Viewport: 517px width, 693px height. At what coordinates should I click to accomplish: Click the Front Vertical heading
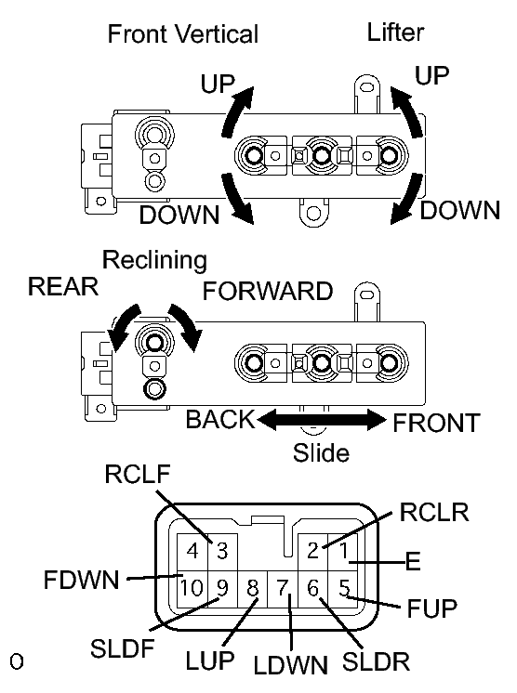pyautogui.click(x=182, y=34)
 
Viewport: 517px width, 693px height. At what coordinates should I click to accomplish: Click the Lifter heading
pyautogui.click(x=395, y=33)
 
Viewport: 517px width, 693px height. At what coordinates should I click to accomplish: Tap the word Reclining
pyautogui.click(x=154, y=259)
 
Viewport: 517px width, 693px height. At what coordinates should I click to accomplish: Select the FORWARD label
pyautogui.click(x=268, y=291)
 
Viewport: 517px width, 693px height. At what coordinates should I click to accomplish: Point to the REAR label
pyautogui.click(x=63, y=286)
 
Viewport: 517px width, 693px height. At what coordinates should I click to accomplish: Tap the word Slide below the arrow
pyautogui.click(x=321, y=453)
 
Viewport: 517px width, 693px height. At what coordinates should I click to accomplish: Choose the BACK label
pyautogui.click(x=219, y=420)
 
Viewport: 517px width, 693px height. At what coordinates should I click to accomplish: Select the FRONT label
pyautogui.click(x=436, y=423)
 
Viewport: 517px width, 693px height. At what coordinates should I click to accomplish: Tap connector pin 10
pyautogui.click(x=192, y=587)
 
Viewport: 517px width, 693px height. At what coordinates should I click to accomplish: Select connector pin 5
pyautogui.click(x=344, y=587)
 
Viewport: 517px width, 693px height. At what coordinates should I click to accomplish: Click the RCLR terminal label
pyautogui.click(x=433, y=512)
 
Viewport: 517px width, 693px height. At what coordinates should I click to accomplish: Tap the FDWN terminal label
pyautogui.click(x=82, y=581)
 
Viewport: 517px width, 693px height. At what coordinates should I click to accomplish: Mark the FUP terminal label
pyautogui.click(x=433, y=609)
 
